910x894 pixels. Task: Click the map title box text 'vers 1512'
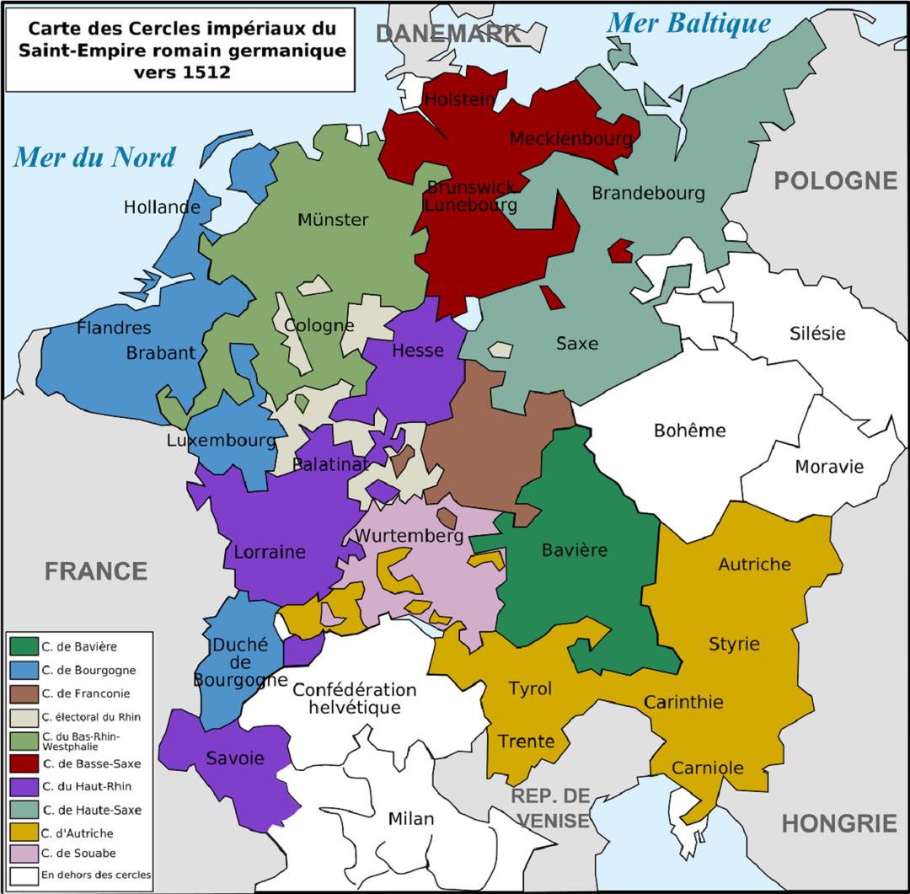(x=181, y=72)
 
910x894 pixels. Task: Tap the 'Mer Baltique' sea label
(x=688, y=24)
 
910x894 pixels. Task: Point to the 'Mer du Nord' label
(x=94, y=157)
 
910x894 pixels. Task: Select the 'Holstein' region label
(x=459, y=99)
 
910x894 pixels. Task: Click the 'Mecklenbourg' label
(x=571, y=138)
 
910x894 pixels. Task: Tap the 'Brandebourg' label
(x=648, y=193)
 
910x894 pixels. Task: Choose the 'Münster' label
(x=333, y=220)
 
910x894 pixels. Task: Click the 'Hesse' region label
(x=418, y=350)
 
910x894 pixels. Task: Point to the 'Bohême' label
(x=689, y=431)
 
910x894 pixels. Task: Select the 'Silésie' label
(x=817, y=333)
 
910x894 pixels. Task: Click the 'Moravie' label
(x=829, y=466)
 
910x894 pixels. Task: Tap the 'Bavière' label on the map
(x=575, y=550)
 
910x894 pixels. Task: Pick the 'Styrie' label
(x=733, y=645)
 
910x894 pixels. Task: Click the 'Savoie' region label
(x=235, y=758)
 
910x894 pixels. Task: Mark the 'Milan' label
(x=411, y=818)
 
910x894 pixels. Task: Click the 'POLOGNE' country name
(x=835, y=180)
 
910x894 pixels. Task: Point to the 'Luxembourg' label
(x=220, y=440)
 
